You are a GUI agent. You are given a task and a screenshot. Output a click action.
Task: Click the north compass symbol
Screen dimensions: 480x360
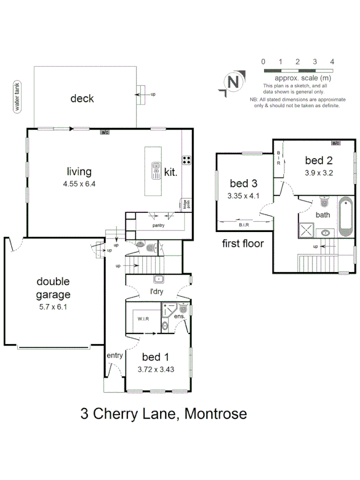click(233, 82)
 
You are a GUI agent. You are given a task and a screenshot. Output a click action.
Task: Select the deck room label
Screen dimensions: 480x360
click(82, 98)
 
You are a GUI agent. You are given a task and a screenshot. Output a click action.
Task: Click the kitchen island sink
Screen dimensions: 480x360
click(156, 170)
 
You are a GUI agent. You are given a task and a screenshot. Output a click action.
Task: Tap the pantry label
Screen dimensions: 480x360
click(157, 226)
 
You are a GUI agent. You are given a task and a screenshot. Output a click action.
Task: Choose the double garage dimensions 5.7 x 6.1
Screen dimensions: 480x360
click(53, 307)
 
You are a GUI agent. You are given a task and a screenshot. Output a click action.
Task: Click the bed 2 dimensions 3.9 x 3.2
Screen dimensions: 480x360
click(319, 173)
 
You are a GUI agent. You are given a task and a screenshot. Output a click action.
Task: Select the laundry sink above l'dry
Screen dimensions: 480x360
click(158, 279)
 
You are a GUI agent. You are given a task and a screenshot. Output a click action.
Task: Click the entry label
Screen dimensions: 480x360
click(115, 355)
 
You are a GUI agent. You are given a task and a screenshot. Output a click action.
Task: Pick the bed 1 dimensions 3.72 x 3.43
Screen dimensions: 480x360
click(157, 370)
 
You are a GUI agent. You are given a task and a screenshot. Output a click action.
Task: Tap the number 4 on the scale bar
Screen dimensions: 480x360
click(332, 62)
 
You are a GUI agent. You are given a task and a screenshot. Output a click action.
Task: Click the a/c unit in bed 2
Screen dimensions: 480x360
click(335, 143)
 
